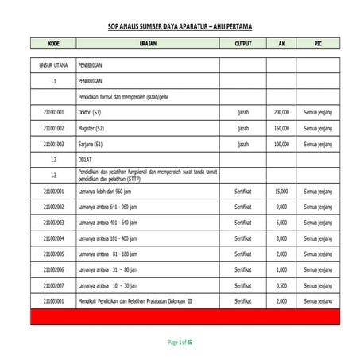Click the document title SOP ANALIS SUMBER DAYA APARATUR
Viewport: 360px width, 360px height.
coord(179,26)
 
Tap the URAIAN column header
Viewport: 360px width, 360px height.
coord(147,44)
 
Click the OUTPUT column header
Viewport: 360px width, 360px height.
coord(242,44)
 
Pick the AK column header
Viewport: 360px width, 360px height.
coord(281,44)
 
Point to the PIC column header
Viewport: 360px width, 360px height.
coord(318,44)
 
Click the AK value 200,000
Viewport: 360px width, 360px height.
coord(281,113)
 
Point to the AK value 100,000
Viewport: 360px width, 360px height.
coord(281,145)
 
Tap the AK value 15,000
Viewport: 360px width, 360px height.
coord(281,192)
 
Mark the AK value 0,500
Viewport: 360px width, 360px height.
coord(281,285)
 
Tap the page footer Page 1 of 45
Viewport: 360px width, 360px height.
coord(180,342)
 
